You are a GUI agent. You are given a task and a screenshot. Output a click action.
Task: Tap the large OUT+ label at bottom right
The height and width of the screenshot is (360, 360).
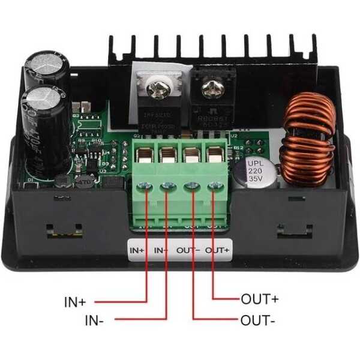tap(260, 298)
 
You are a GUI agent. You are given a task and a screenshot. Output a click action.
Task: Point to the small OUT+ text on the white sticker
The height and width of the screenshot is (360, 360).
tap(217, 249)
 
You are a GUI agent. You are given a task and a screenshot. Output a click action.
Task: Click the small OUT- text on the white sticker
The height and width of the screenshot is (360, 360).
tap(189, 249)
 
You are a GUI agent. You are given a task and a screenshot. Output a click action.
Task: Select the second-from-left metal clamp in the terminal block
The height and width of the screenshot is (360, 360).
tap(169, 157)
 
